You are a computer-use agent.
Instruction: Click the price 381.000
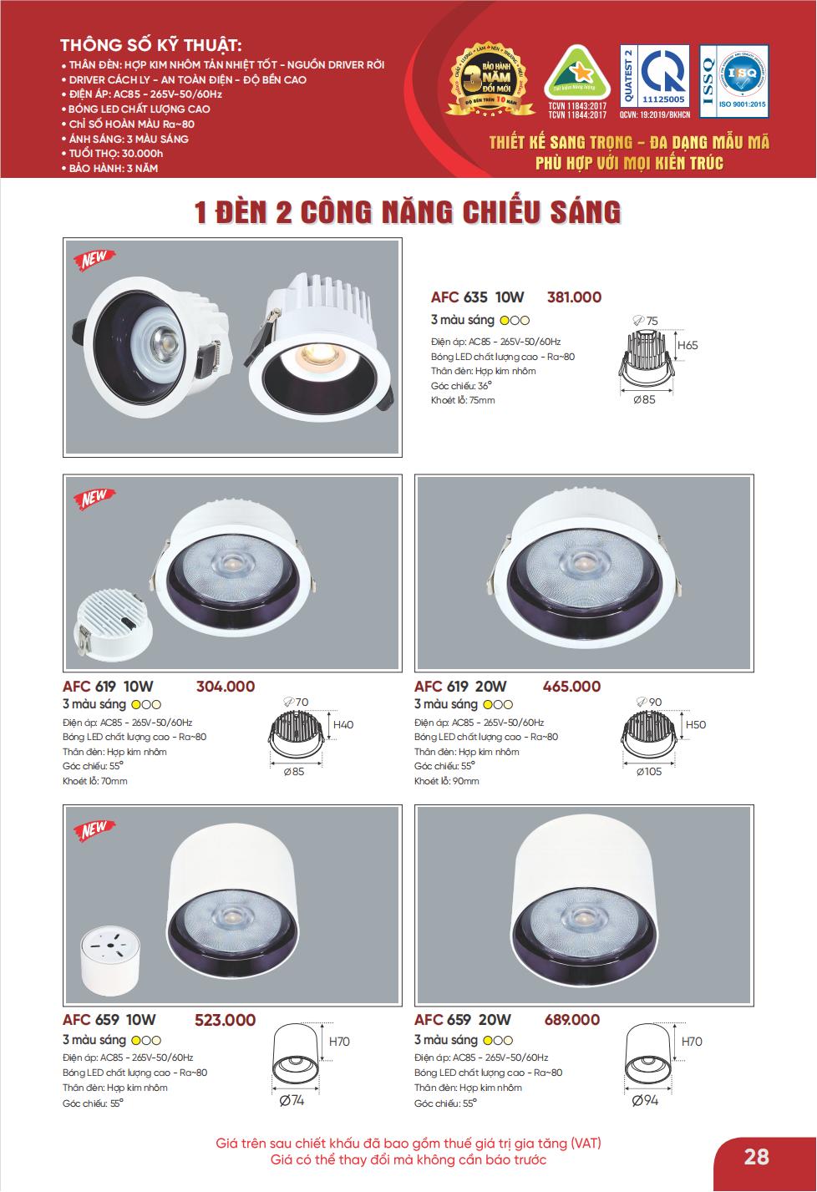(x=573, y=297)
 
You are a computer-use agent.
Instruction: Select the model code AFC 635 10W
(x=477, y=297)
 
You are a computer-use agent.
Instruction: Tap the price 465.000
(x=571, y=687)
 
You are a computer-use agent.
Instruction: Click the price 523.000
(x=225, y=1020)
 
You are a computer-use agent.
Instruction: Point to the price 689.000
(x=571, y=1020)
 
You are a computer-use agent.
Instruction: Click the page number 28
(x=756, y=1157)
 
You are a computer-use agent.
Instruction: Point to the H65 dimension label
(x=688, y=345)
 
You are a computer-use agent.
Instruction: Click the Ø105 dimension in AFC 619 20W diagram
(x=648, y=772)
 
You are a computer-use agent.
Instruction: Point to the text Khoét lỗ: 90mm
(x=447, y=781)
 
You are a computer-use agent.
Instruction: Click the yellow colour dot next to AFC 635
(x=504, y=321)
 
